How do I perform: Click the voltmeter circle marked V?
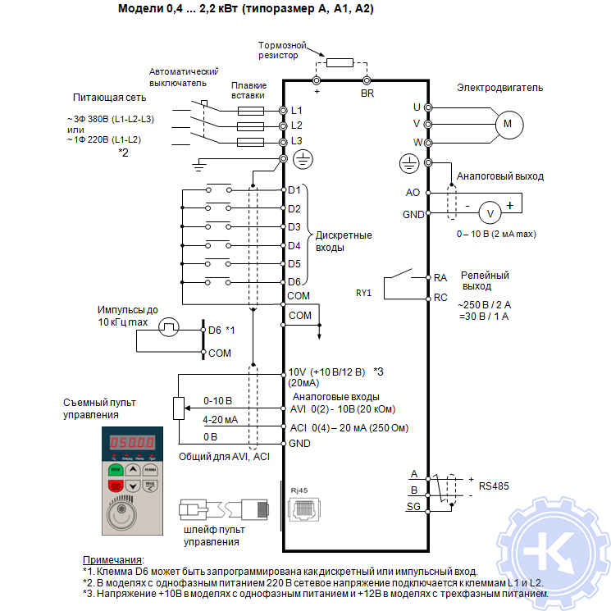pos(490,212)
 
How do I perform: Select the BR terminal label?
pos(367,93)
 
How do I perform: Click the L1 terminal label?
pos(297,110)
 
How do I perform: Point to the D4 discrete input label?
pos(294,245)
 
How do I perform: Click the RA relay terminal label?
pos(440,278)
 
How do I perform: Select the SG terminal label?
pos(413,507)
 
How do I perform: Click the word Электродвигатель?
pos(499,88)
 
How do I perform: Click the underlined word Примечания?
pos(112,559)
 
